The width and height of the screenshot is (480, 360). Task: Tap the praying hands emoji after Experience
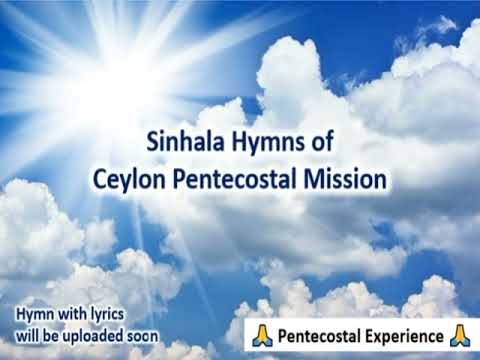(460, 333)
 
